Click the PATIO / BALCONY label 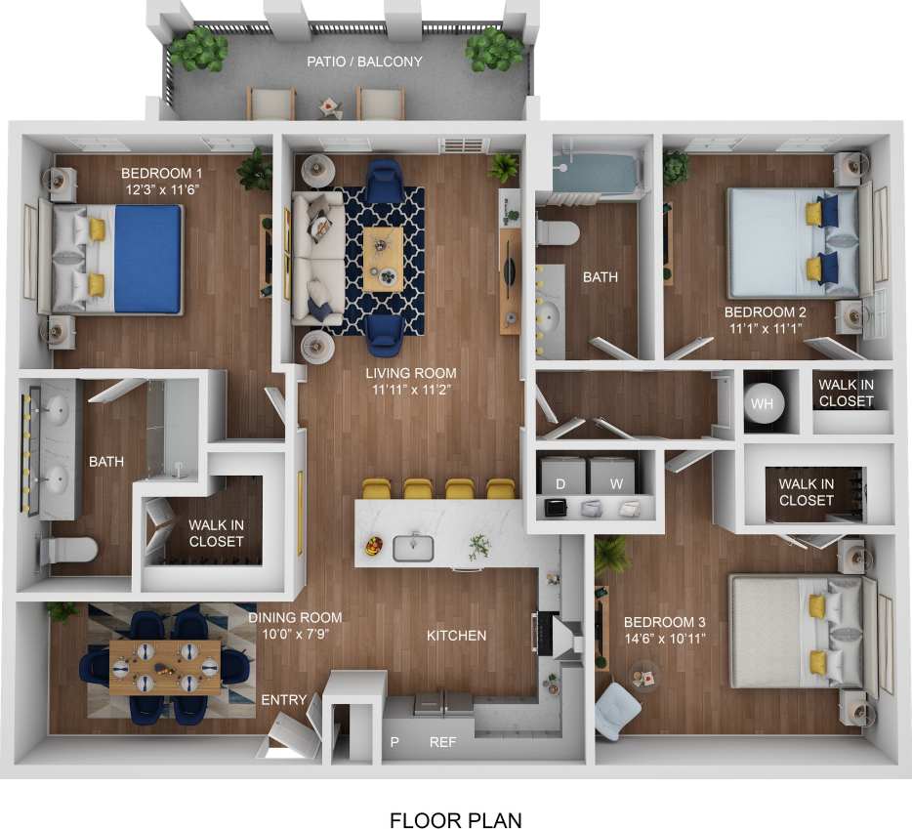pyautogui.click(x=364, y=62)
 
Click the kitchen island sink pyautogui.click(x=413, y=547)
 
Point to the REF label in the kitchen pyautogui.click(x=442, y=742)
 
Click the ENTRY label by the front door pyautogui.click(x=284, y=700)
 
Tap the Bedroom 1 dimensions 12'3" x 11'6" pyautogui.click(x=162, y=190)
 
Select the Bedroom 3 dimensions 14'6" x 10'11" pyautogui.click(x=664, y=640)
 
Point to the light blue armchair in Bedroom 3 pyautogui.click(x=617, y=711)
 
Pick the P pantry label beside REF pyautogui.click(x=395, y=742)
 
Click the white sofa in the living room pyautogui.click(x=314, y=257)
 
